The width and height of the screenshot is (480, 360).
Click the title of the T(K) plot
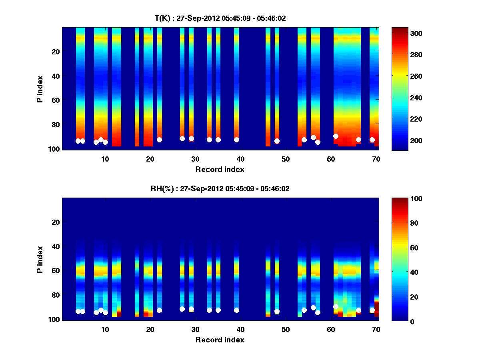point(220,18)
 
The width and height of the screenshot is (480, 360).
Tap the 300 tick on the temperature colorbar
point(405,34)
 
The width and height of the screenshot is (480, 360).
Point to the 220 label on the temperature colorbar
point(405,119)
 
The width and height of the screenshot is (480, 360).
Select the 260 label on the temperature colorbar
point(405,76)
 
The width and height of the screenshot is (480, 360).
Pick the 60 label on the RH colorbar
point(402,248)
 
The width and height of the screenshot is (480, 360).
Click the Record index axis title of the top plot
point(220,169)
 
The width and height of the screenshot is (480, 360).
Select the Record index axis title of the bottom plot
point(220,340)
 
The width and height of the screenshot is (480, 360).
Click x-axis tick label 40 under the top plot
point(240,159)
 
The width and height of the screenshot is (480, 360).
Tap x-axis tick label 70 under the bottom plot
point(376,329)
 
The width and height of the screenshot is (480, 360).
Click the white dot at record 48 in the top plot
point(277,141)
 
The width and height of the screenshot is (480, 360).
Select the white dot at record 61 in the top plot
point(336,136)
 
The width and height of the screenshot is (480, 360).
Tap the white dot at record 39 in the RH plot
point(236,310)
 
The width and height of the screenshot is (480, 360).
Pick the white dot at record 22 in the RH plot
point(159,310)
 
